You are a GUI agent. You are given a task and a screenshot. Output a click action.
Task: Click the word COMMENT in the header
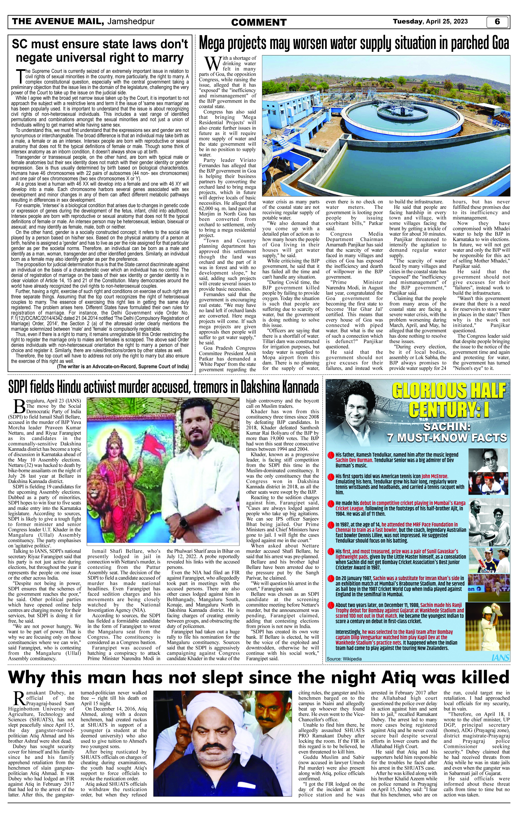(259, 22)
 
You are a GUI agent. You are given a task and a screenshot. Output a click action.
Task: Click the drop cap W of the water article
(213, 64)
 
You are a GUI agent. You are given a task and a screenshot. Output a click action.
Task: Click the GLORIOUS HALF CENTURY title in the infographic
(448, 400)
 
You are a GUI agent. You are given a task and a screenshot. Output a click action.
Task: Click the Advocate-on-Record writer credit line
(123, 366)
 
